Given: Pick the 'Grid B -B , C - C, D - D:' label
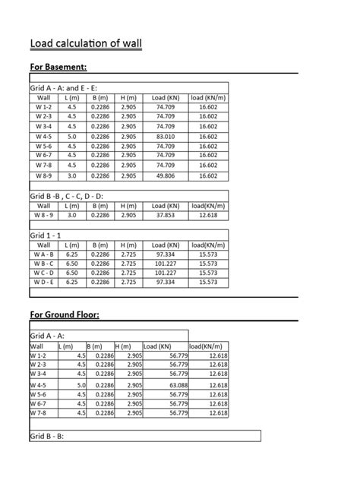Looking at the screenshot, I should (67, 196).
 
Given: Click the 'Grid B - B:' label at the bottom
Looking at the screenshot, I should (47, 437).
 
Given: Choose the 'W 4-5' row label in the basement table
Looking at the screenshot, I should (43, 136).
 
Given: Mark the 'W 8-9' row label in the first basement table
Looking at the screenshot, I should (43, 175).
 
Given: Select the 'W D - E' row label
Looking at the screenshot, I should (43, 282).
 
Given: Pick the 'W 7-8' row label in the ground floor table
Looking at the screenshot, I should (39, 413).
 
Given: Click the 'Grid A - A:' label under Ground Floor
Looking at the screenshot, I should (47, 335).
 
